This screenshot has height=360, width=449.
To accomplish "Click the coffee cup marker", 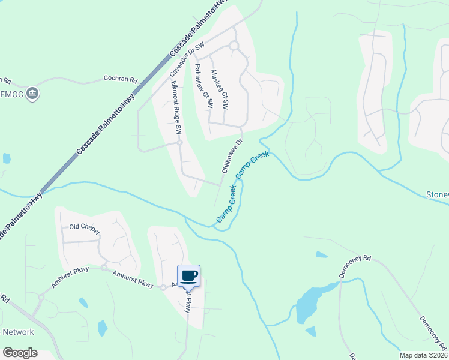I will pyautogui.click(x=188, y=275).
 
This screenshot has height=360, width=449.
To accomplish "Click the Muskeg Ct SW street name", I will pyautogui.click(x=220, y=89).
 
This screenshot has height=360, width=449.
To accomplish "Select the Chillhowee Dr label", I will pyautogui.click(x=231, y=156).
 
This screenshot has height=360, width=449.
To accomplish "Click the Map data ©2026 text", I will pyautogui.click(x=423, y=355).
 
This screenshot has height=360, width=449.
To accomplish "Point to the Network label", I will pyautogui.click(x=19, y=332).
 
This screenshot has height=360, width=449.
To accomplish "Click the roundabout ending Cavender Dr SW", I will pyautogui.click(x=234, y=46).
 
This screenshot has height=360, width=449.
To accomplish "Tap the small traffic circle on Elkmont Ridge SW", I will pyautogui.click(x=179, y=143).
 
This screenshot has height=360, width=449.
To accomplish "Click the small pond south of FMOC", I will pyautogui.click(x=7, y=158).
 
